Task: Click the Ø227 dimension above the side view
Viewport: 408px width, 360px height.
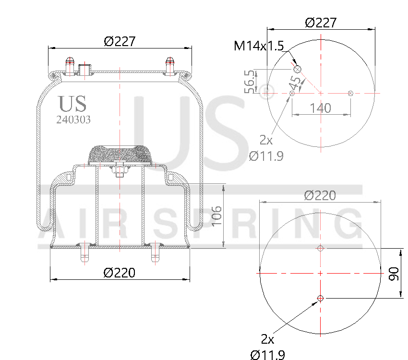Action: (120, 42)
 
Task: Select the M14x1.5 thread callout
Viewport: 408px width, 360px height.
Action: (259, 46)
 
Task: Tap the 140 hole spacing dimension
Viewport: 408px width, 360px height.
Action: (320, 108)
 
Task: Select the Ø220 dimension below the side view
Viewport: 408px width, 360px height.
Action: (120, 273)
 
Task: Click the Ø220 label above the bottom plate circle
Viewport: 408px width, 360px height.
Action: (320, 195)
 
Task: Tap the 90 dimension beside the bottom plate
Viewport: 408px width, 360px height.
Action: (394, 274)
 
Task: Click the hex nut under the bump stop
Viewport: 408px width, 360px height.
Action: (120, 169)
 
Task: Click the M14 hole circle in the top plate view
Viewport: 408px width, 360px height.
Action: (297, 70)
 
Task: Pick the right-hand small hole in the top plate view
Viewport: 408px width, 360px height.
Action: (351, 93)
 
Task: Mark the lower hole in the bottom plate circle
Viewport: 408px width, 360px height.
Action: (320, 299)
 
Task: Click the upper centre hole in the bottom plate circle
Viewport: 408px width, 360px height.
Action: (320, 248)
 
